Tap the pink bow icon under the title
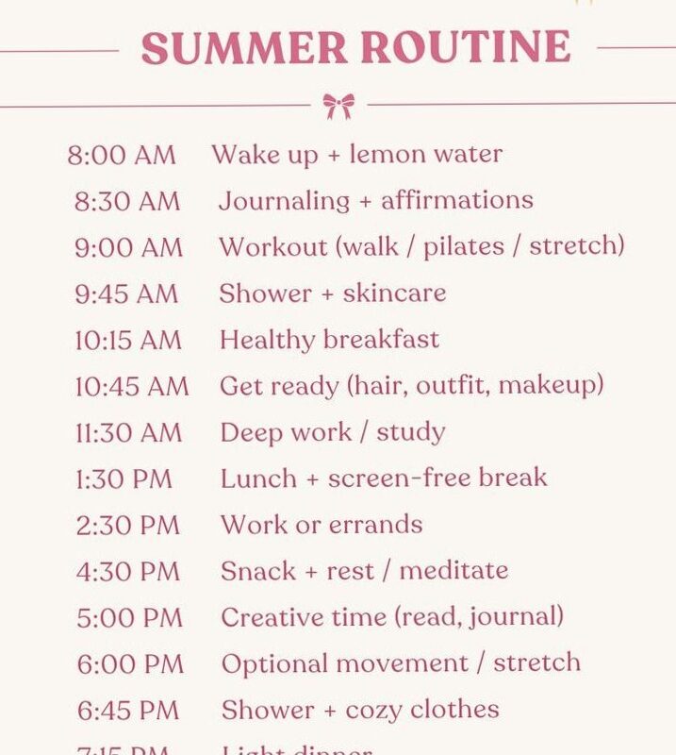338,105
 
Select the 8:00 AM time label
122,155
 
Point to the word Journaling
284,201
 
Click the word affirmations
457,200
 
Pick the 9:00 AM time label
128,247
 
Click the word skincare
394,293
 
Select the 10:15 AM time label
128,340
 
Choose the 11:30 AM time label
128,432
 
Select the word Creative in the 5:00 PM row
269,617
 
